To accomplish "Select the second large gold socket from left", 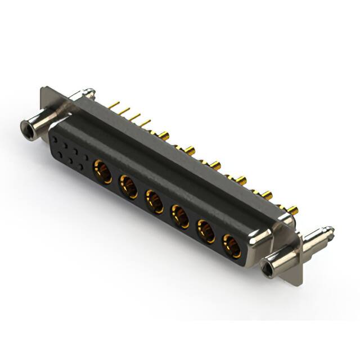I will (x=128, y=185).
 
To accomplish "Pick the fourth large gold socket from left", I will (x=180, y=215).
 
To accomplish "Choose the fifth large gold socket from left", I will (x=206, y=231).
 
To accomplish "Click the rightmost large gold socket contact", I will (x=231, y=245).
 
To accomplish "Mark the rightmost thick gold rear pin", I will (x=293, y=210).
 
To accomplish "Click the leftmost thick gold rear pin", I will (x=163, y=135).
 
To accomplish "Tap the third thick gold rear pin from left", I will (x=215, y=165).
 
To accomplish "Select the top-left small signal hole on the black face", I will (x=55, y=137).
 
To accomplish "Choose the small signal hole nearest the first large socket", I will (x=84, y=167).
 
